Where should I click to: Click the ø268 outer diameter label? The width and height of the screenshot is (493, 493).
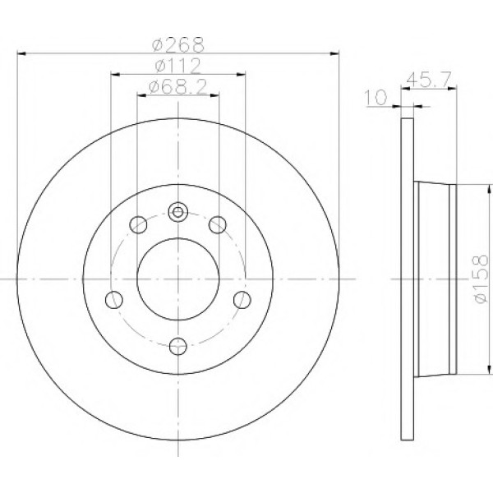tap(178, 44)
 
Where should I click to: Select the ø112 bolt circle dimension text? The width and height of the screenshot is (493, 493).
tap(178, 66)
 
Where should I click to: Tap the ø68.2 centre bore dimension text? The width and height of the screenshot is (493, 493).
tap(178, 87)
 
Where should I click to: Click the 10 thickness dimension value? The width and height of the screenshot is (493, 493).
tap(376, 97)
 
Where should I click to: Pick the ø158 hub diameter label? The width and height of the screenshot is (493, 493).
tap(481, 279)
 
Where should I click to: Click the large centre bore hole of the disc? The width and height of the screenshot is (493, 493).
tap(178, 279)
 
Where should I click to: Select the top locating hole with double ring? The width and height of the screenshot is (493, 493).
tap(178, 212)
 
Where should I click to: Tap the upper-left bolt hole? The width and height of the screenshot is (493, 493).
tap(138, 224)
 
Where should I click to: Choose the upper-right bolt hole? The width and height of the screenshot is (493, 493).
tap(218, 224)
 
